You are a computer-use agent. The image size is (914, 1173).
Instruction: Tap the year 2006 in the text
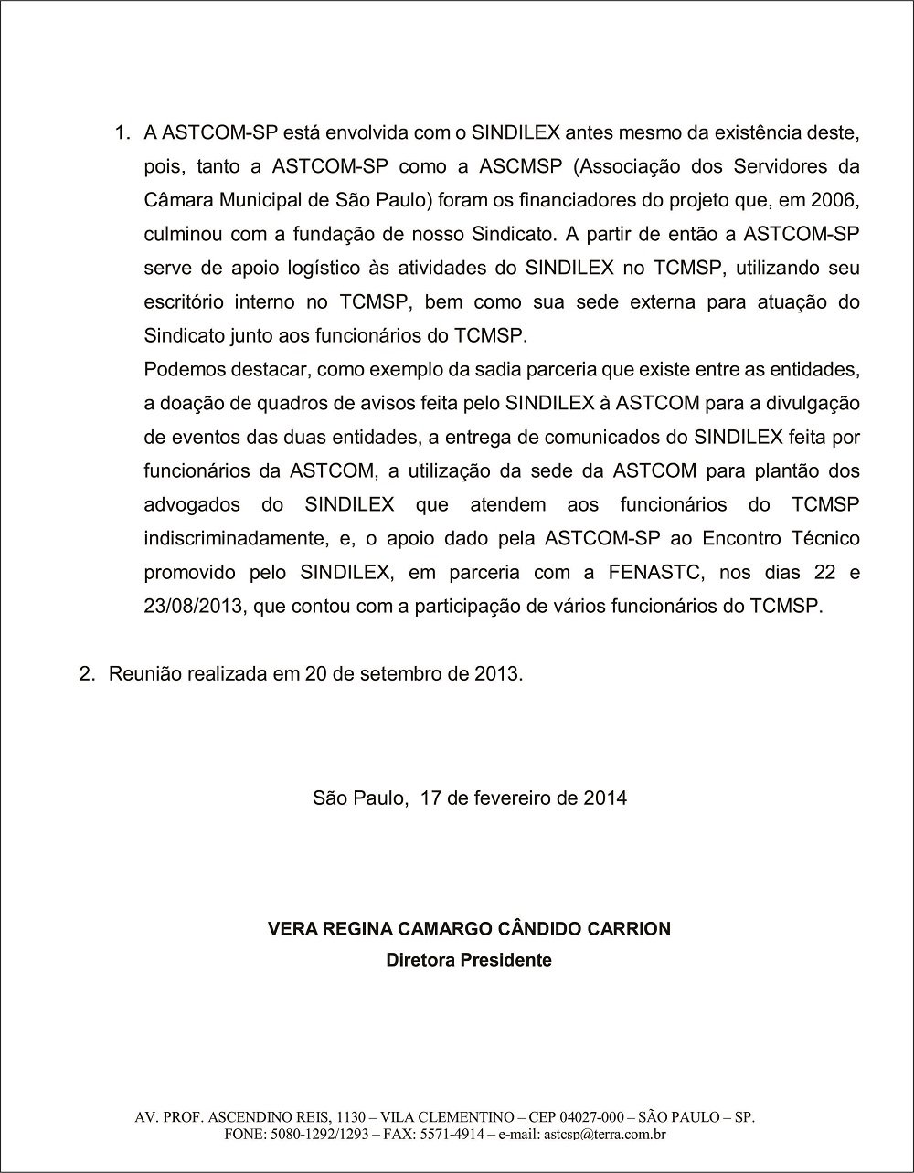tap(838, 200)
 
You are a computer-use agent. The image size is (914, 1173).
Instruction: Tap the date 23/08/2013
tap(195, 607)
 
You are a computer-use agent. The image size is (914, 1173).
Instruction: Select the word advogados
tap(192, 505)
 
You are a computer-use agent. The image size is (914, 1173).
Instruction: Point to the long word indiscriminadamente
tap(234, 539)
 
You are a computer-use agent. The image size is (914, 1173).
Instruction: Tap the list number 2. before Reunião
tap(88, 674)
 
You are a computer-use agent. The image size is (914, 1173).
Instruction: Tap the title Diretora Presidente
tap(469, 960)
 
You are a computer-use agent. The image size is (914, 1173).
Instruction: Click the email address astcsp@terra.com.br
tap(604, 1135)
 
